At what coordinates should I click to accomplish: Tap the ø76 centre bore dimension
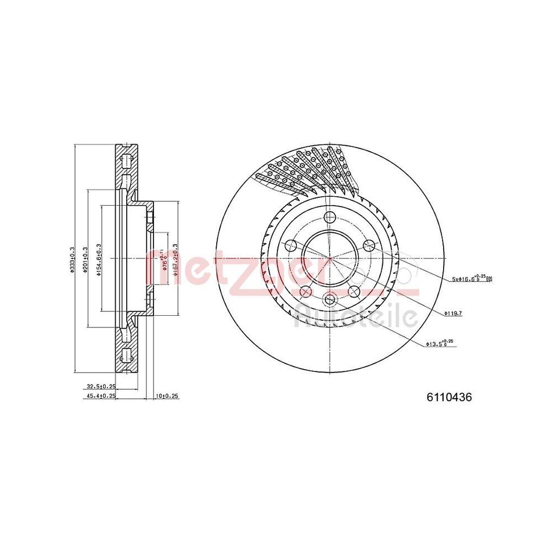coord(163,259)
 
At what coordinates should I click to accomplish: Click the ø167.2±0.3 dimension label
coord(175,259)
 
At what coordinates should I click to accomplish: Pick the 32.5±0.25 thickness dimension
coord(101,386)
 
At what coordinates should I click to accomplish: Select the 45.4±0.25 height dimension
coord(101,396)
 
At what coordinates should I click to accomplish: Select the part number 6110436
coord(449,398)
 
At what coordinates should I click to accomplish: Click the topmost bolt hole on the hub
coord(329,217)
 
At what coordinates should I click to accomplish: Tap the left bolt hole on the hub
coord(290,245)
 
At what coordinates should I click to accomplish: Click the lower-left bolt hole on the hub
coord(305,292)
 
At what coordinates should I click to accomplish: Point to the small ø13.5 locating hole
coord(329,300)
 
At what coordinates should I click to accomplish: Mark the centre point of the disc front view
coord(329,259)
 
